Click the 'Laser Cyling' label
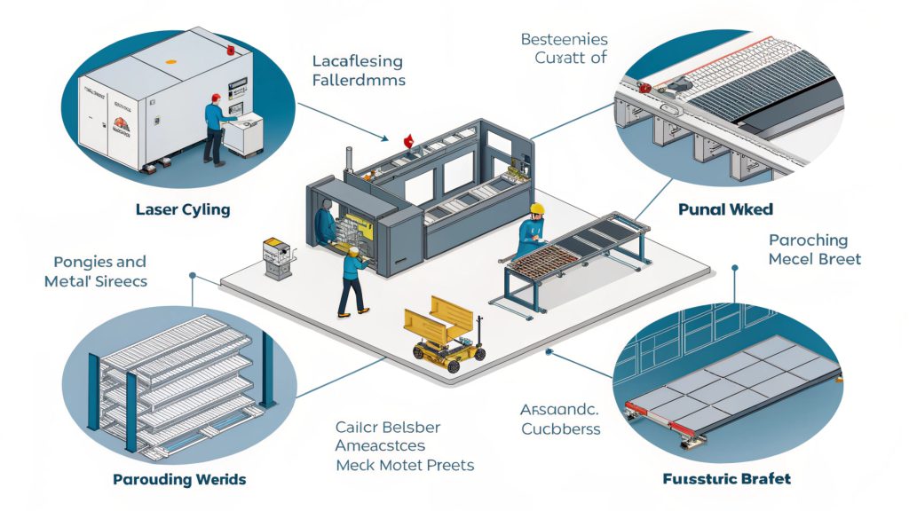tap(184, 210)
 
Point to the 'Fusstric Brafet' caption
tap(727, 479)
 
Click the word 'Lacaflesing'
tap(358, 62)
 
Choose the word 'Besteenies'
tap(564, 39)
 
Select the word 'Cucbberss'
tap(560, 429)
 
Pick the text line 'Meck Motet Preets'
tap(404, 465)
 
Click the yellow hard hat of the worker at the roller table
tap(536, 208)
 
